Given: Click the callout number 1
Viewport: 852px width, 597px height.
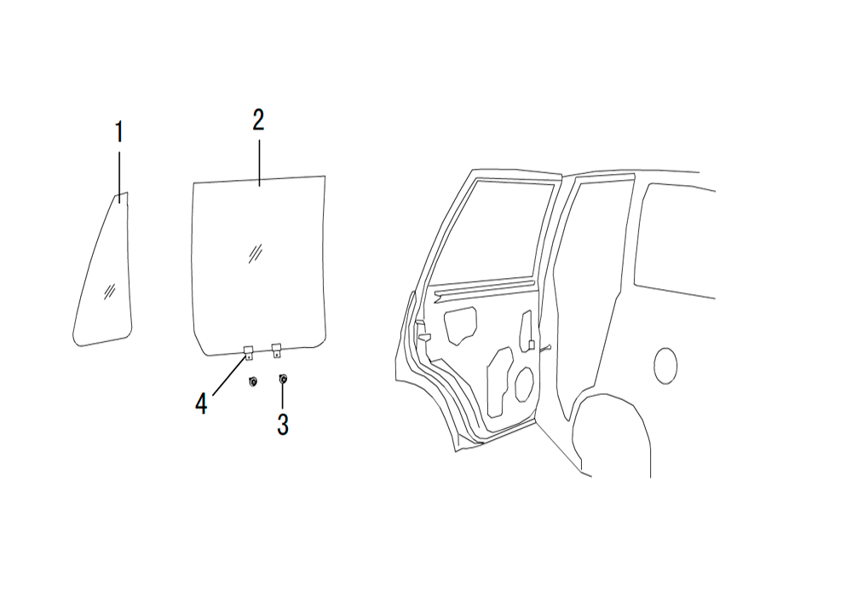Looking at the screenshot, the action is click(119, 132).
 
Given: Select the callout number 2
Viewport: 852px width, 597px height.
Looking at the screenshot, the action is click(258, 120).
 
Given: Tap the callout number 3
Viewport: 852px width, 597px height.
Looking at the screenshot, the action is click(283, 425).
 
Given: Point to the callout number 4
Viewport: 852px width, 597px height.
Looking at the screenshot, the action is click(201, 404).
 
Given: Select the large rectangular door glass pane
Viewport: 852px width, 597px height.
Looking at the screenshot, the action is click(260, 266).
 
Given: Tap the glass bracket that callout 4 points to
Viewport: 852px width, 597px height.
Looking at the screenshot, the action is click(248, 352).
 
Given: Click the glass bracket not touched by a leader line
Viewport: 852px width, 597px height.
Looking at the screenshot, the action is click(277, 351).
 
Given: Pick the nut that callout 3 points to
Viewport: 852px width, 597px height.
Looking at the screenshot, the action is click(283, 379).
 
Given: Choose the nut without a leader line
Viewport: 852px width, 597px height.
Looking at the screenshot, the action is click(253, 381).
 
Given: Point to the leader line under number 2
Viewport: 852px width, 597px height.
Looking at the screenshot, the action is click(259, 163).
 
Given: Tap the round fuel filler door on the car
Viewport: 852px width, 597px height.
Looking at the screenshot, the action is click(665, 366).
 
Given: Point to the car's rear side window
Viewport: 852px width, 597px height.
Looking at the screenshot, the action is click(674, 240).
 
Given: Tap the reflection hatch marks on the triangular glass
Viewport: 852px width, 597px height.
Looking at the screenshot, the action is click(109, 292).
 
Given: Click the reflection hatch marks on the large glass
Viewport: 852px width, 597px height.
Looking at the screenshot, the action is click(256, 253).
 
